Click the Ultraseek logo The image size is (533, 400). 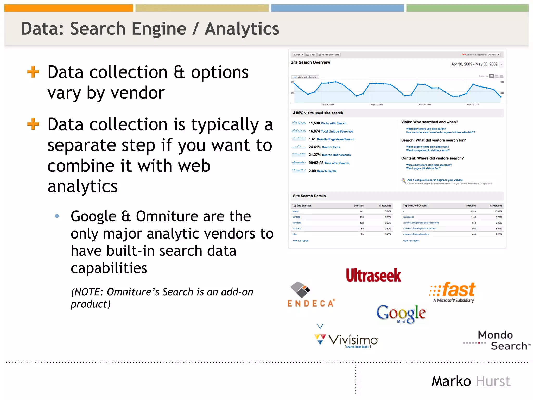pos(373,276)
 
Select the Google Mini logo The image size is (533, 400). pos(401,314)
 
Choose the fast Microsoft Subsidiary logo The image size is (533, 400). pos(453,292)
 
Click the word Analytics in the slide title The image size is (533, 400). pos(242,29)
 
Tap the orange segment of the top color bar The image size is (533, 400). pos(69,8)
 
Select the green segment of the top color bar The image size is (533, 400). pos(467,8)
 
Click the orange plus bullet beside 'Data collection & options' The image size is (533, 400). pos(33,72)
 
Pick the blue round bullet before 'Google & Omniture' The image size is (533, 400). pos(57,216)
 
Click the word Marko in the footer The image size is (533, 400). pos(451,381)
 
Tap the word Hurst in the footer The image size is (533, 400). pos(493,381)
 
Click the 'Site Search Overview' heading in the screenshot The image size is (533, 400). pos(310,63)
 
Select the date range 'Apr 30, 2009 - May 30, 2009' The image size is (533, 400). pos(474,64)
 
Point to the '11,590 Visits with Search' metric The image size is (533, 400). pos(327,123)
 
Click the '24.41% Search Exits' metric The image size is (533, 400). pos(324,147)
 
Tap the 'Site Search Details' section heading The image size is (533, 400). pos(309,196)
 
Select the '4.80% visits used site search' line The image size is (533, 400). pos(318,113)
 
